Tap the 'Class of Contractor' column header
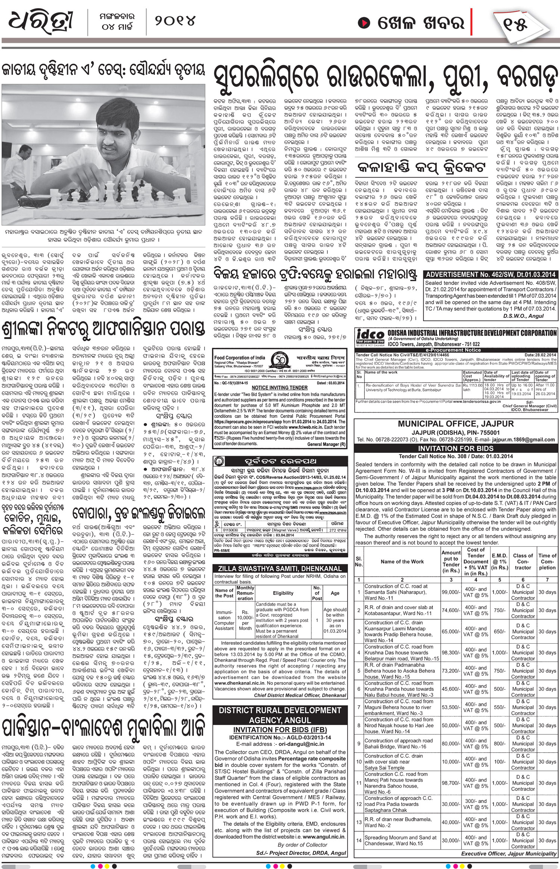point(523,562)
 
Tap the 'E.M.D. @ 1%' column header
point(500,562)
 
